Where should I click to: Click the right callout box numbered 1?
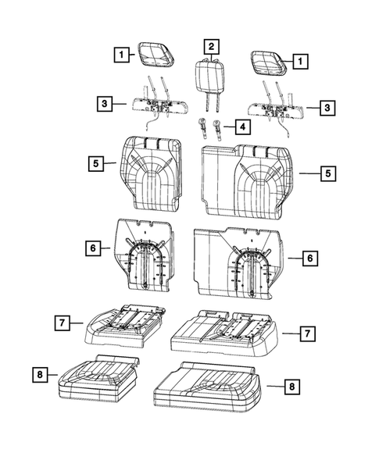[x=299, y=59]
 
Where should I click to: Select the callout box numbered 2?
[x=209, y=46]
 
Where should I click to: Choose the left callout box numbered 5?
[x=95, y=164]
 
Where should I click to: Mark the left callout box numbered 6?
[x=93, y=248]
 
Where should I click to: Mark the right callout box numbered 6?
[x=310, y=256]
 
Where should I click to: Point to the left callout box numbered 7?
[x=59, y=321]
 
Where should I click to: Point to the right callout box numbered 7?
[x=308, y=333]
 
